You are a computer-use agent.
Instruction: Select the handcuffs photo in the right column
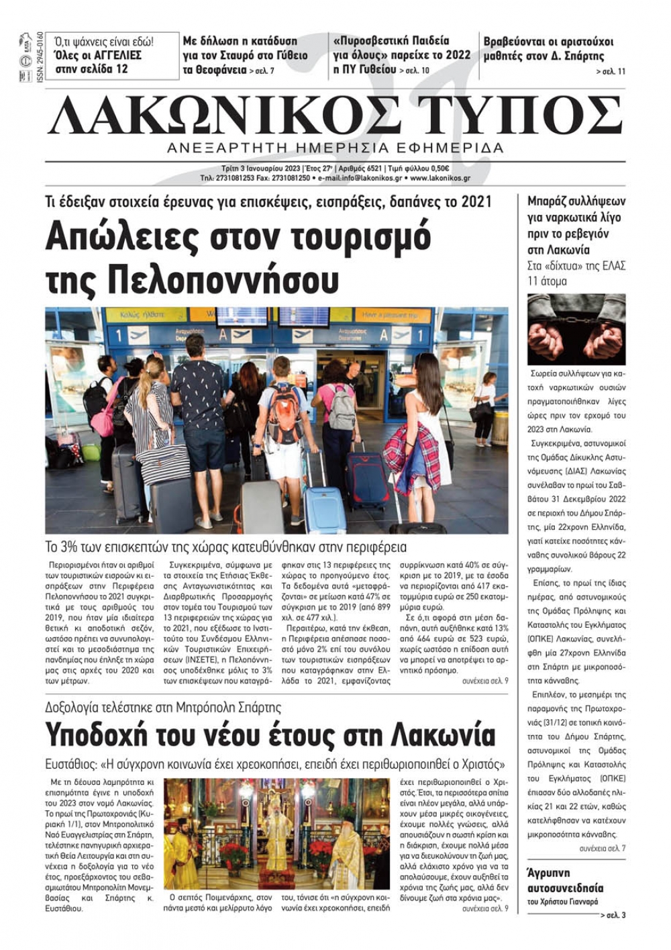[576, 329]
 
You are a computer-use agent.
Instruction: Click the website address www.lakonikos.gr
[440, 179]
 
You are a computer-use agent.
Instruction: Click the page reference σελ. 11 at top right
[611, 72]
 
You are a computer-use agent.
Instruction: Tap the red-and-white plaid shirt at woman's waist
[411, 447]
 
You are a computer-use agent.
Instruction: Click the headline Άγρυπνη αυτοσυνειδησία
[566, 880]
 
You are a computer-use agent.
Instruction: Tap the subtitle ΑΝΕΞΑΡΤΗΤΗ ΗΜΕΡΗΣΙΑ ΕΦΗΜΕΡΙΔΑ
[335, 148]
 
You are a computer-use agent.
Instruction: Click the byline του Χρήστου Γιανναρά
[562, 902]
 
